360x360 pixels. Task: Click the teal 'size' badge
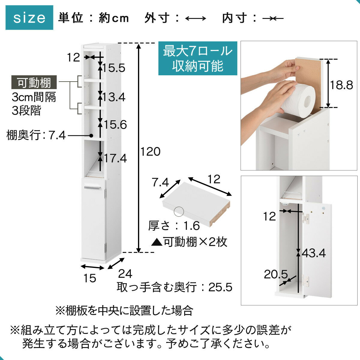click(29, 18)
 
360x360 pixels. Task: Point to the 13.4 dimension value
click(114, 97)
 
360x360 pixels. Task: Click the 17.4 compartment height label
click(115, 158)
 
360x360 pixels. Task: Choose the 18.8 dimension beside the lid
click(341, 85)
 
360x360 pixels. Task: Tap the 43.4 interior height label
click(314, 253)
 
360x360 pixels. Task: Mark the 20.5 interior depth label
click(276, 274)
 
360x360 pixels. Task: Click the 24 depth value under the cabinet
click(125, 274)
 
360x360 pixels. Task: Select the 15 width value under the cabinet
click(90, 278)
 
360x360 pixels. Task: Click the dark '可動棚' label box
click(34, 82)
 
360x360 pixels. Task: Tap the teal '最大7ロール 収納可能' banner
click(198, 58)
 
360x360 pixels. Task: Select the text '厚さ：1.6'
click(174, 226)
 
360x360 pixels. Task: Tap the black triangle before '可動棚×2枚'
click(157, 242)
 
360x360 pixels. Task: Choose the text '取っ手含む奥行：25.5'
click(175, 287)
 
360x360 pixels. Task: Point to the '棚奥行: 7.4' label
click(36, 135)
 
